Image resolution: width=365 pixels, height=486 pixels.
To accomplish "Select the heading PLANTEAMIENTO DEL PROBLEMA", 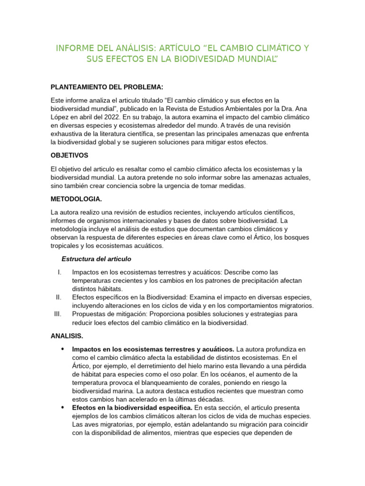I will coord(107,87).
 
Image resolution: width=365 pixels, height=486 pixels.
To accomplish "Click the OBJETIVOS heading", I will coord(69,155).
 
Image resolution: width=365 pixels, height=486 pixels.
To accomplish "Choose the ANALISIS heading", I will coord(67,336).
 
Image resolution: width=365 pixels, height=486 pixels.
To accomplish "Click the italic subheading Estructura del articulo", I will coord(96,259).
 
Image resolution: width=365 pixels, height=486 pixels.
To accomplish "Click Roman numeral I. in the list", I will coord(59,272).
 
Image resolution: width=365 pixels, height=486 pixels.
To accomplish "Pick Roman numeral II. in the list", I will coord(58,297).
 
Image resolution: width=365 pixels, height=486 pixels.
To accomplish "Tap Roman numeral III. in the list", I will coord(58,314).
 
